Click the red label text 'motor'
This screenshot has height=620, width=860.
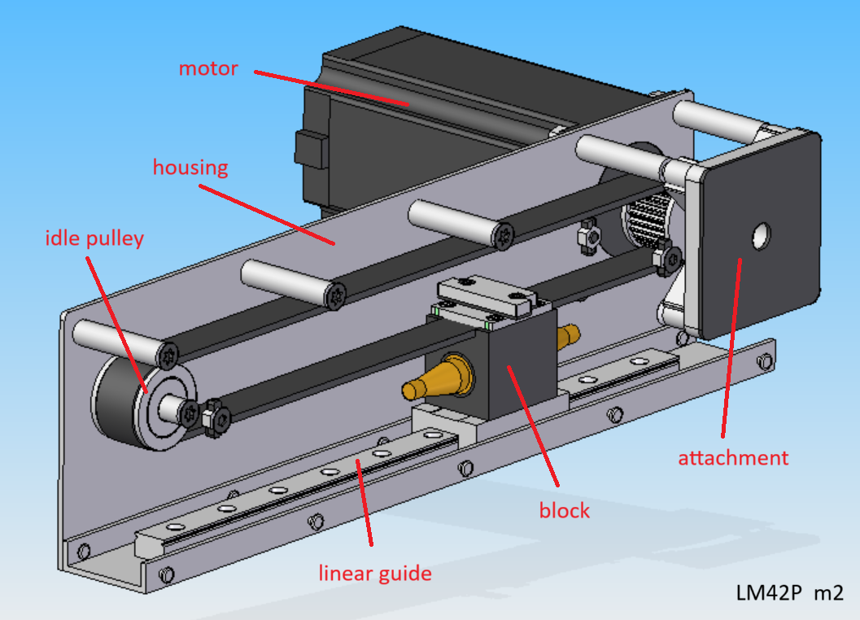pos(208,68)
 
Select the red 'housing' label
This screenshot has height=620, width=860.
pos(190,168)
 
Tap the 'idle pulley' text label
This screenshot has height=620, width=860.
pos(94,238)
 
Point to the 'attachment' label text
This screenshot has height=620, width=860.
pos(733,458)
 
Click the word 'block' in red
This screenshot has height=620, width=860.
pos(564,512)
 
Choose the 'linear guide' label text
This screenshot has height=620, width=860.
pos(374,574)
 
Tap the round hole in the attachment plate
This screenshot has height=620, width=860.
pos(762,236)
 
